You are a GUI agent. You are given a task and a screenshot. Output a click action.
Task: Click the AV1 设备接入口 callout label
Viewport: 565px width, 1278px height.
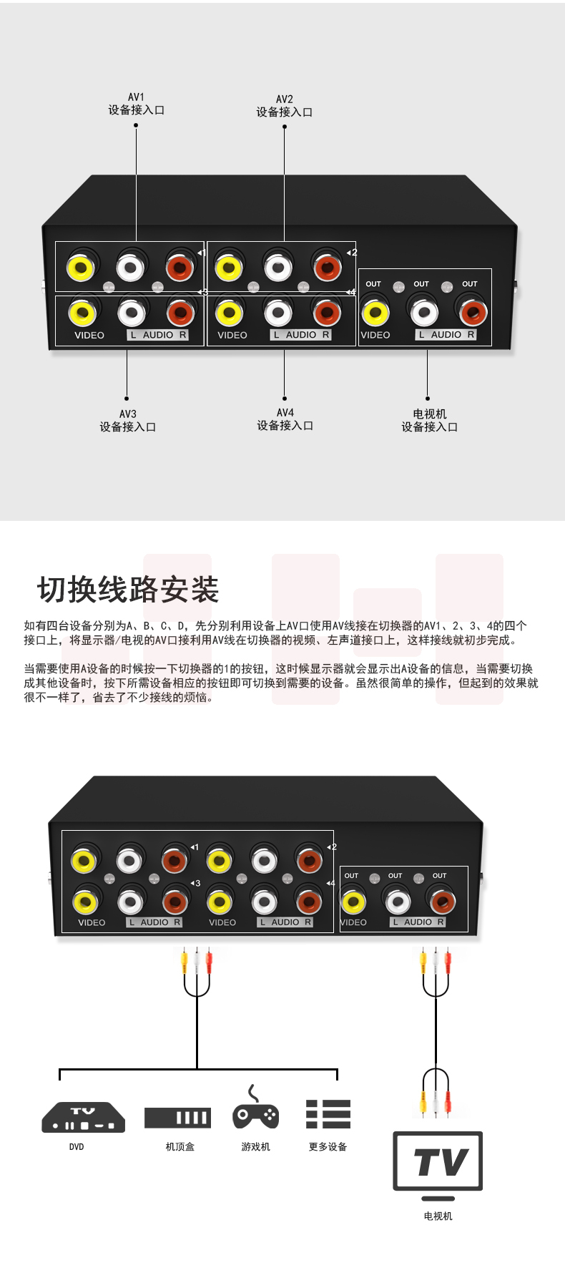pos(136,104)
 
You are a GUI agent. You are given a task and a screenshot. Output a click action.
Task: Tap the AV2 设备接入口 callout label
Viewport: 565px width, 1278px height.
pos(284,106)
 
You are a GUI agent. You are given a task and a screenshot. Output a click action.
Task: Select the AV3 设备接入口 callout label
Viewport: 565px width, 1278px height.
pos(127,421)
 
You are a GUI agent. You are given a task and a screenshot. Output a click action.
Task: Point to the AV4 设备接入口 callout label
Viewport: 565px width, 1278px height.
pos(285,419)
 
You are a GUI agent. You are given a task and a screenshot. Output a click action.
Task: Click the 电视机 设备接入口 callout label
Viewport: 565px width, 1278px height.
pos(429,421)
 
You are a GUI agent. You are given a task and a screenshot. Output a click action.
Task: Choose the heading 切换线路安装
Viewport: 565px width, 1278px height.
pos(128,590)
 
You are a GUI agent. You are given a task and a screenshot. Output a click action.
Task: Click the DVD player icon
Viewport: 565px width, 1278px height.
pos(84,1117)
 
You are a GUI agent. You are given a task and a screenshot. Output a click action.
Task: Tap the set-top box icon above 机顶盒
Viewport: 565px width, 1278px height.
pos(177,1117)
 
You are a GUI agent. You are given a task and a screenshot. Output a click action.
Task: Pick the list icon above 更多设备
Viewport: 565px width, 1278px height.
pos(328,1114)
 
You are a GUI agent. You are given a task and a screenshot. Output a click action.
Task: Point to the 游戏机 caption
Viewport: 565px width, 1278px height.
pos(255,1146)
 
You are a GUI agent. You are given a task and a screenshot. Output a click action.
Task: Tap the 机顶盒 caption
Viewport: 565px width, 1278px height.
pos(180,1146)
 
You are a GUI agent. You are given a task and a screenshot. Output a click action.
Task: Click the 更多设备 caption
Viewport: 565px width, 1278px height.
pos(328,1146)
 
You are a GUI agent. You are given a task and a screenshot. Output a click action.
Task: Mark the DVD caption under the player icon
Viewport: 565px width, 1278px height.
pos(77,1146)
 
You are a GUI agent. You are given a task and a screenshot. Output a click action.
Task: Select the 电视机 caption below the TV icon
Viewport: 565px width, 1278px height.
pos(438,1216)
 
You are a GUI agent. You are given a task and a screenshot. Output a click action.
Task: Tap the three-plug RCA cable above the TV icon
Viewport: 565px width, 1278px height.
pos(435,1091)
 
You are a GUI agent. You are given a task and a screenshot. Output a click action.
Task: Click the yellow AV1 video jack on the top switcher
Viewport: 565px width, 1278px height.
pos(81,268)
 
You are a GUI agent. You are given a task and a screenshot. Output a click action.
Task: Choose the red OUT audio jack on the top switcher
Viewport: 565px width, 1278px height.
pos(472,312)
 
